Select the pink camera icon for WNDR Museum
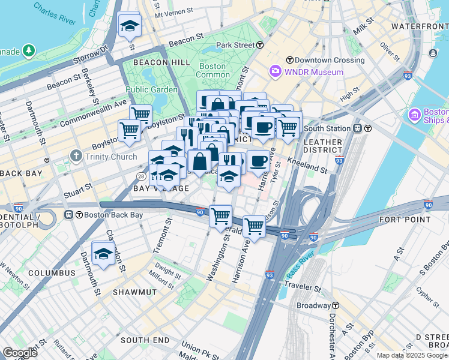click(x=276, y=72)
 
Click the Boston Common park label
click(x=213, y=70)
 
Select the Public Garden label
click(x=151, y=90)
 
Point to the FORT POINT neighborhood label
click(x=405, y=220)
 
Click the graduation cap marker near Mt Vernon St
click(x=129, y=26)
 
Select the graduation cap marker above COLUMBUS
click(x=103, y=254)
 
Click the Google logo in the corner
click(x=19, y=353)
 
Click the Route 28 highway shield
click(x=140, y=176)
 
